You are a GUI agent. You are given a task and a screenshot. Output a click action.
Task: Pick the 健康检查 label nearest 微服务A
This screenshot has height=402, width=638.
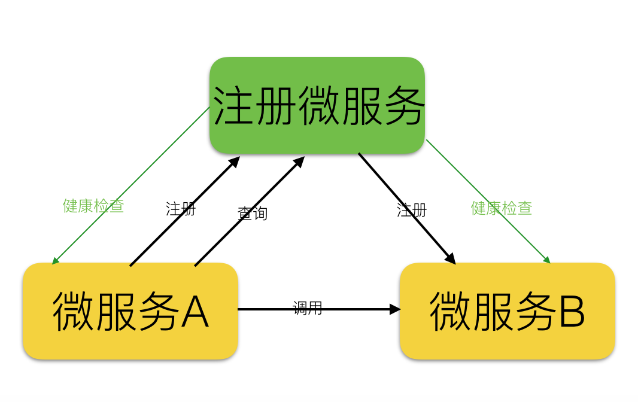click(93, 206)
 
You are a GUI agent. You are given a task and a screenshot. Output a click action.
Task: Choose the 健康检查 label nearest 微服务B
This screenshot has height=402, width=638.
click(502, 208)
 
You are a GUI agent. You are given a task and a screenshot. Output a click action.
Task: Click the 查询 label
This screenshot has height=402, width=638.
click(253, 214)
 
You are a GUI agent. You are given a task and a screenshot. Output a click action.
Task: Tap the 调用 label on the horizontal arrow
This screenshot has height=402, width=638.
click(308, 308)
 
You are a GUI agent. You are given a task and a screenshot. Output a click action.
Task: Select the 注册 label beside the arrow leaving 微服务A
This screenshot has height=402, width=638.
click(181, 209)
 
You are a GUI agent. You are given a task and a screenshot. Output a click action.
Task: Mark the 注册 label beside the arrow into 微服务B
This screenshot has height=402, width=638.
click(412, 210)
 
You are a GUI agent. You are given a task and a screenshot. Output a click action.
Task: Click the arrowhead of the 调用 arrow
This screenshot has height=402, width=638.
click(396, 309)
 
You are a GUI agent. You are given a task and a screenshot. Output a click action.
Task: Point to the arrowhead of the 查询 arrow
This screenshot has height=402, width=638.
click(300, 161)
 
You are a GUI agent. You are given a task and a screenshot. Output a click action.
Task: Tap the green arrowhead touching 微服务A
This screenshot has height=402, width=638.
click(54, 261)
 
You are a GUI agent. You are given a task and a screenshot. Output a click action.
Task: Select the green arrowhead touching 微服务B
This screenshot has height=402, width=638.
click(546, 260)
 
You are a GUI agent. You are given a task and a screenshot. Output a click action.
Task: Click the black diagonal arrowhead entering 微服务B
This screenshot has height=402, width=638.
click(451, 259)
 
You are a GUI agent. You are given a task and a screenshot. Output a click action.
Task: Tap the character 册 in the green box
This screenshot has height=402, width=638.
click(276, 106)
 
